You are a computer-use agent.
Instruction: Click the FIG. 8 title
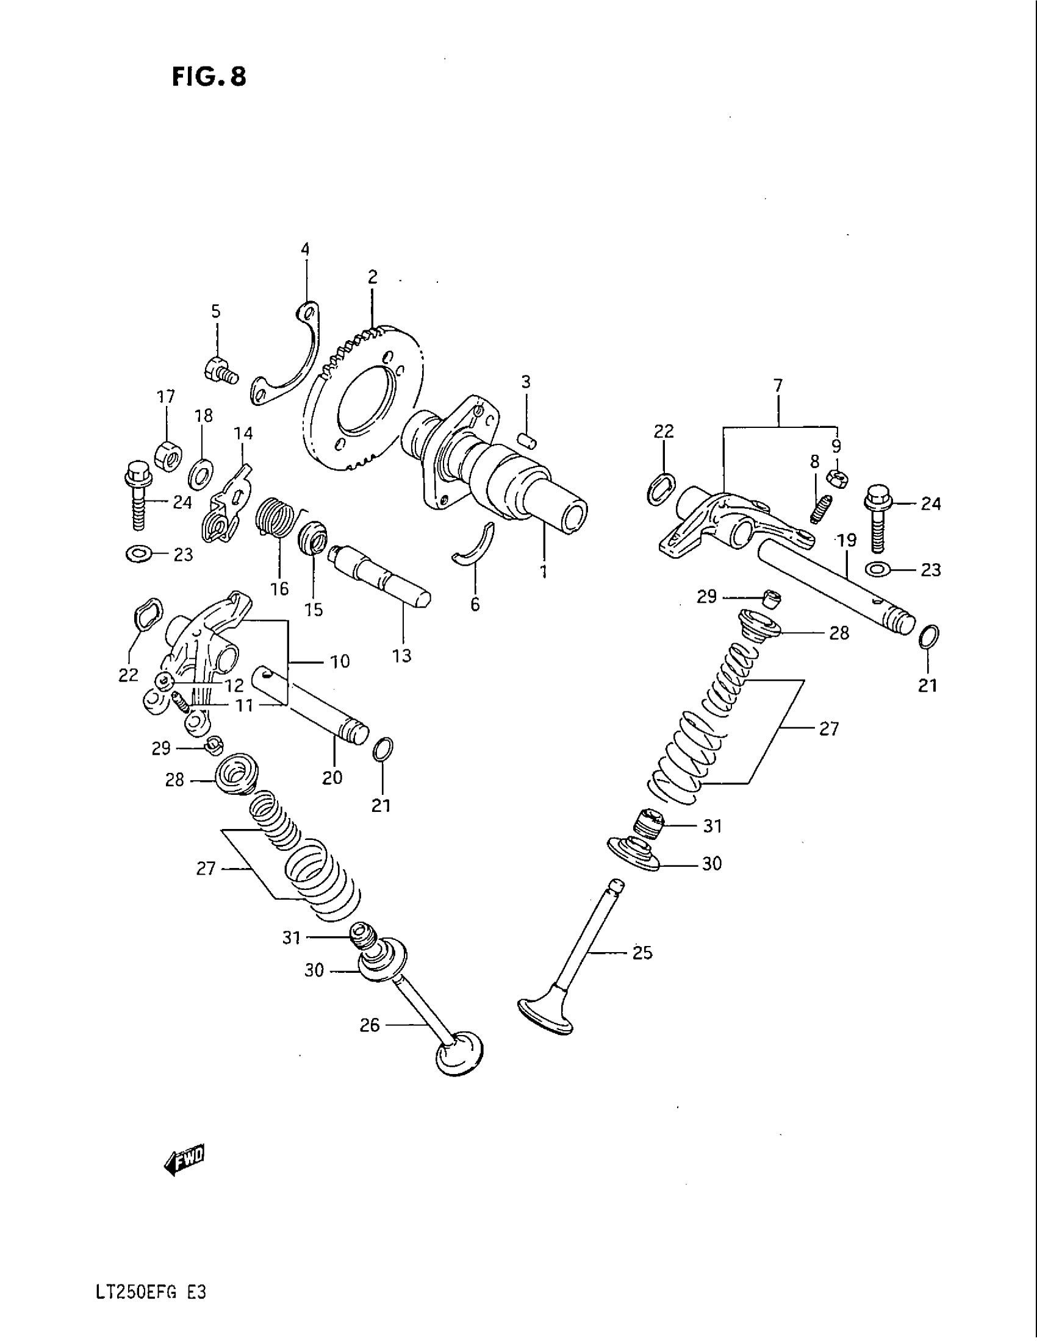(x=209, y=77)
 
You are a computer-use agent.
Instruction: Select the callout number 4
(x=305, y=249)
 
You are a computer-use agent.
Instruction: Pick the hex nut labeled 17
(x=167, y=455)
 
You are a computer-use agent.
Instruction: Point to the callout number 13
(x=402, y=656)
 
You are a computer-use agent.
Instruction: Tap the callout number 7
(x=778, y=386)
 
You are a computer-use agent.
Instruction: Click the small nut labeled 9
(x=836, y=477)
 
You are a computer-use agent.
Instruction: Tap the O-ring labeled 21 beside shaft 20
(x=382, y=750)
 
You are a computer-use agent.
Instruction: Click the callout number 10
(x=339, y=661)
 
